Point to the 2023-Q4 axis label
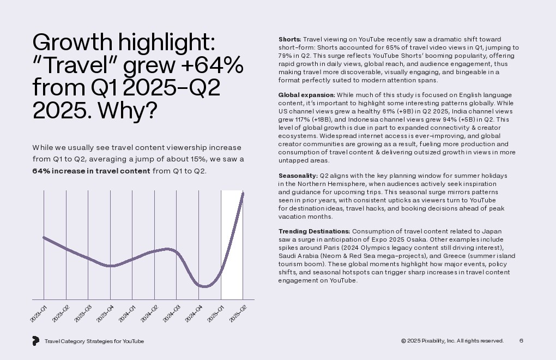106,314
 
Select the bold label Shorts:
289,40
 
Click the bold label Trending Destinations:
314,231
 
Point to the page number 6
521,341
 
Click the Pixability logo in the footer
35,341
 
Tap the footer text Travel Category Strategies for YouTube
94,341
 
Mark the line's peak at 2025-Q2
243,193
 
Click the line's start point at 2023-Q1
44,237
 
